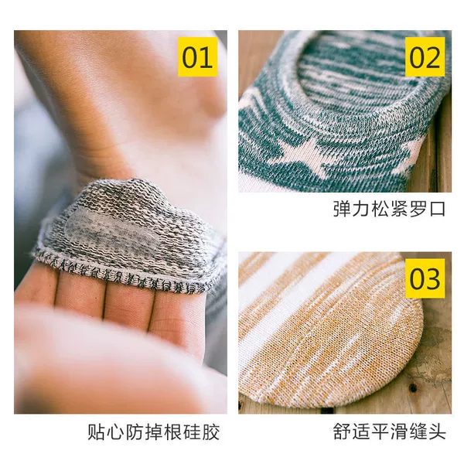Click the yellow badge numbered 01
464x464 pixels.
click(x=198, y=56)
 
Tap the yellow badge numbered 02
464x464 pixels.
click(x=425, y=56)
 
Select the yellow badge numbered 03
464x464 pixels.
click(x=425, y=278)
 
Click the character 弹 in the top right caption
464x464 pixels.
click(x=342, y=209)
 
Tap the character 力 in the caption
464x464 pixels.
click(x=361, y=209)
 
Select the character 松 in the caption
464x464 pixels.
click(x=380, y=209)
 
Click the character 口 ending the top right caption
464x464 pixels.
click(x=438, y=209)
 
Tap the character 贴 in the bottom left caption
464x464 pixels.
click(x=97, y=432)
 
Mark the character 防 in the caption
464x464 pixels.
click(x=135, y=432)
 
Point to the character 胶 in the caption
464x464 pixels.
click(x=210, y=432)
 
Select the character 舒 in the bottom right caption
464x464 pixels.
click(x=342, y=432)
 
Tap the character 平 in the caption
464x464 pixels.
click(x=380, y=432)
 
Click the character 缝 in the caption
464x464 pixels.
click(x=418, y=432)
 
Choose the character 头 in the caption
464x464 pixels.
click(x=437, y=432)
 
